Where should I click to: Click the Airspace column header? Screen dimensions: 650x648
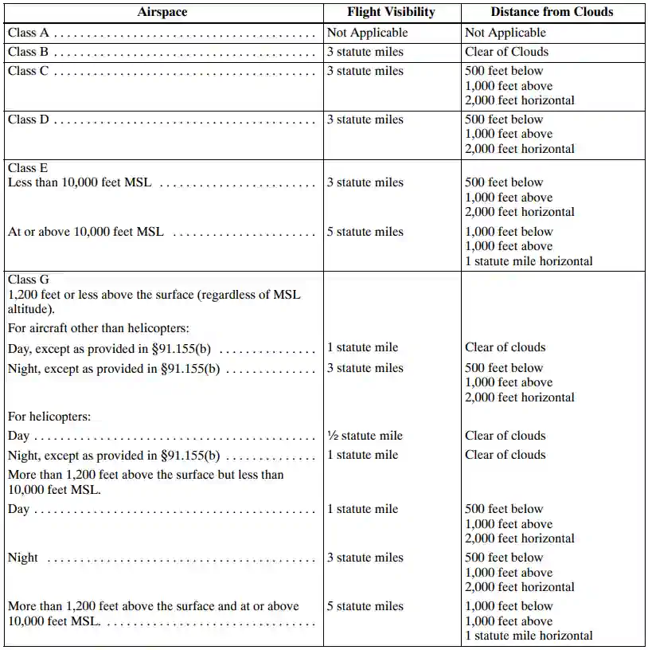tap(162, 12)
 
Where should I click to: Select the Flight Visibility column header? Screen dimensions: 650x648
tap(391, 12)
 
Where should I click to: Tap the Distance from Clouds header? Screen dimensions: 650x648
tap(552, 12)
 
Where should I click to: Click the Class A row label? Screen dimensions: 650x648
tap(29, 33)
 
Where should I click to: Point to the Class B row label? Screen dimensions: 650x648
tap(29, 52)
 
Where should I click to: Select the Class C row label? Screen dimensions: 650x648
tap(29, 71)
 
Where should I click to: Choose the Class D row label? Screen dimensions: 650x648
tap(29, 119)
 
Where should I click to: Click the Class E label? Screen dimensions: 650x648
tap(28, 168)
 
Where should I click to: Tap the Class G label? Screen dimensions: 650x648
tap(29, 280)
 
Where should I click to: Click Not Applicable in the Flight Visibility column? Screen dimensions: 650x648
tap(368, 33)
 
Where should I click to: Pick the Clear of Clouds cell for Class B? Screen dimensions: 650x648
tap(506, 52)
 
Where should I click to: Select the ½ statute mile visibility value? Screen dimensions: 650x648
tap(365, 436)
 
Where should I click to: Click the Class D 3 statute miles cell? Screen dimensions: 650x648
tap(365, 119)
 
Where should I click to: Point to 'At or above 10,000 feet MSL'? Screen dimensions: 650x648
tap(86, 232)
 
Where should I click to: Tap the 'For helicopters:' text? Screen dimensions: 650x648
tap(49, 416)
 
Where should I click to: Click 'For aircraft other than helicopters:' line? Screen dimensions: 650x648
tap(98, 327)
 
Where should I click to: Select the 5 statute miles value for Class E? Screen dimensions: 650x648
tap(365, 232)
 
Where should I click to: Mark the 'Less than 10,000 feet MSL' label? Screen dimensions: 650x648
tap(80, 182)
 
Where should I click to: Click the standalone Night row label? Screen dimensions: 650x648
tap(23, 558)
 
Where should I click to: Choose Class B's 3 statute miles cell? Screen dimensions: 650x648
tap(365, 52)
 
